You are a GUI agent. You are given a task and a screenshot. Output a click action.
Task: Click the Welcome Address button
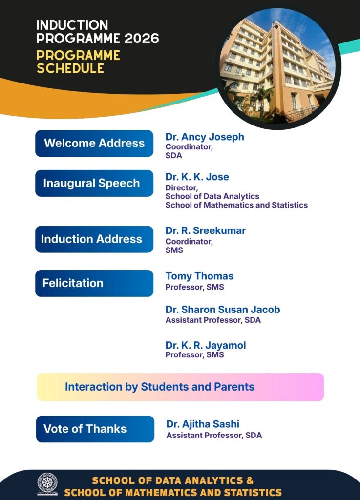(x=94, y=144)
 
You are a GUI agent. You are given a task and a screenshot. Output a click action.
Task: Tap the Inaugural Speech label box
(x=94, y=184)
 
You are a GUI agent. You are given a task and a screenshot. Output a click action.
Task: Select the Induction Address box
(x=94, y=239)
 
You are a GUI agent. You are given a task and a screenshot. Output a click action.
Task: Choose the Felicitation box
(x=94, y=283)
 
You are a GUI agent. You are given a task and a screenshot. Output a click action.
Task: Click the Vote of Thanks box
(x=95, y=429)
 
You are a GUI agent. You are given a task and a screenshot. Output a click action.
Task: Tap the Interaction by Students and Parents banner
(x=180, y=387)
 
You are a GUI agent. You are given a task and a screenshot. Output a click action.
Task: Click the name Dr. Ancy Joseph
(x=205, y=137)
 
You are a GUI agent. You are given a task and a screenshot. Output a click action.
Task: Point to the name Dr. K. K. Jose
(x=197, y=177)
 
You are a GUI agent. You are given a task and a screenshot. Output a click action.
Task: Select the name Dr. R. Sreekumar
(x=205, y=230)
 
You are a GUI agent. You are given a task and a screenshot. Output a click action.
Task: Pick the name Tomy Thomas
(x=199, y=276)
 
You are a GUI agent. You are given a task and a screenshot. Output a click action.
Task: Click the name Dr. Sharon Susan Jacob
(x=223, y=309)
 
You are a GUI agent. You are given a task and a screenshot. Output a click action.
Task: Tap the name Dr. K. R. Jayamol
(x=206, y=345)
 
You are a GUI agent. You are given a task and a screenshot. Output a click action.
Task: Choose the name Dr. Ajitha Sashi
(x=203, y=424)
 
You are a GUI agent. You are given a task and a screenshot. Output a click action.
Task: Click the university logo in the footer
(x=47, y=484)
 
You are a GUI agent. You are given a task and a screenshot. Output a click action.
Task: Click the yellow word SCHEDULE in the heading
(x=70, y=68)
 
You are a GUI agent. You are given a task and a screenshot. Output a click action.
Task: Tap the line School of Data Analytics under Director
(x=212, y=196)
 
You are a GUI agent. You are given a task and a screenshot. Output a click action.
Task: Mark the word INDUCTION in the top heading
(x=72, y=25)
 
